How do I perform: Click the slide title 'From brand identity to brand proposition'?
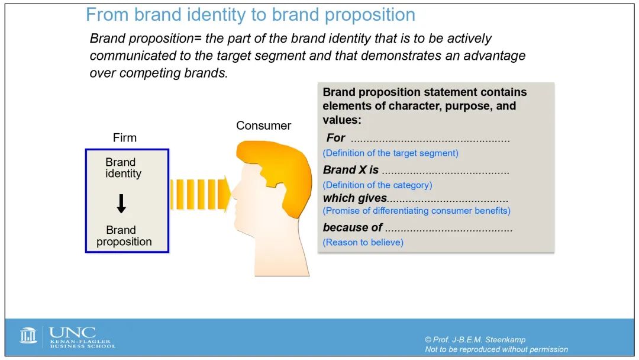pos(250,15)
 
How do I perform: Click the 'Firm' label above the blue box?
pos(125,138)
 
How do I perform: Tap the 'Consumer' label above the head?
pos(264,126)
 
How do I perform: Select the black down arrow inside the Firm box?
pos(121,204)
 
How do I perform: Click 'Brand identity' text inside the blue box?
pos(123,168)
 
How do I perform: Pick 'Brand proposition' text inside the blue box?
pos(124,236)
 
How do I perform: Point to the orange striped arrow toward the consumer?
pos(200,194)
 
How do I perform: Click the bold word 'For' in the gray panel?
pos(335,138)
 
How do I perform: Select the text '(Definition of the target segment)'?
pos(390,153)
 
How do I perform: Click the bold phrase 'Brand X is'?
pos(351,169)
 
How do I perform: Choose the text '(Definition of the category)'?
pos(377,185)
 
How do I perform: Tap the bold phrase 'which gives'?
pos(355,198)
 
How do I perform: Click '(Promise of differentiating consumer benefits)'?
pos(417,211)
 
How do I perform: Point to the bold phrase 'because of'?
pos(353,227)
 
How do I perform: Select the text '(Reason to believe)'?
pos(363,243)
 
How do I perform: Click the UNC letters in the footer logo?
pos(73,333)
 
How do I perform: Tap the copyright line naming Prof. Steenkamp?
pos(475,340)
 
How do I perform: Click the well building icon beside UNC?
pos(28,336)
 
